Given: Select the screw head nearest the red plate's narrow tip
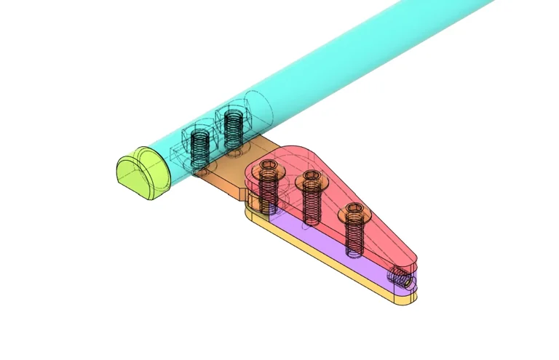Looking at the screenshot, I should pos(354,212).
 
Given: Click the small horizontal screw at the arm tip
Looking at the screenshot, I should pos(400,277).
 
